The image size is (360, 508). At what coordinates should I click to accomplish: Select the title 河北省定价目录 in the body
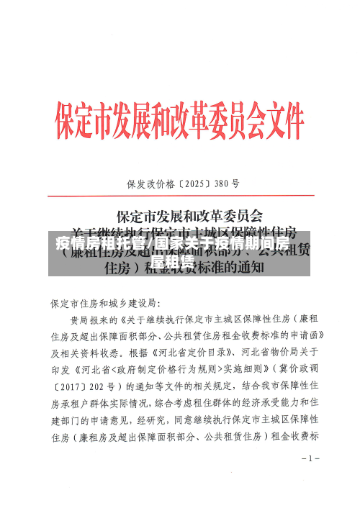194,353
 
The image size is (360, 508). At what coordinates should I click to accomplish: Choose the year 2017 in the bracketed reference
71,386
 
